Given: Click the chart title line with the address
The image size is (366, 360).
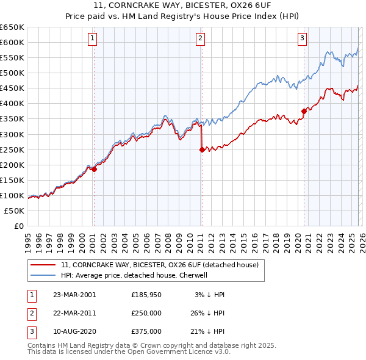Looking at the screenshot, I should coord(182,5).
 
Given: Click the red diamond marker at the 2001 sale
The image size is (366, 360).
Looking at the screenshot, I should coord(94,169).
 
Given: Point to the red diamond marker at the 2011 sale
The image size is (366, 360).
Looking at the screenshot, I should coord(202,149).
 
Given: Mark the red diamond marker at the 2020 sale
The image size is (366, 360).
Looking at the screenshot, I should coord(303,111).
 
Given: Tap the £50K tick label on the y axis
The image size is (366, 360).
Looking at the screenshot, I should coord(15,211).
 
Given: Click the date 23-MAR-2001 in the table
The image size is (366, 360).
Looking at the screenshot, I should coord(75,295).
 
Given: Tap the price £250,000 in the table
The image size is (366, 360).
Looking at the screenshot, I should coord(146,313).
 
